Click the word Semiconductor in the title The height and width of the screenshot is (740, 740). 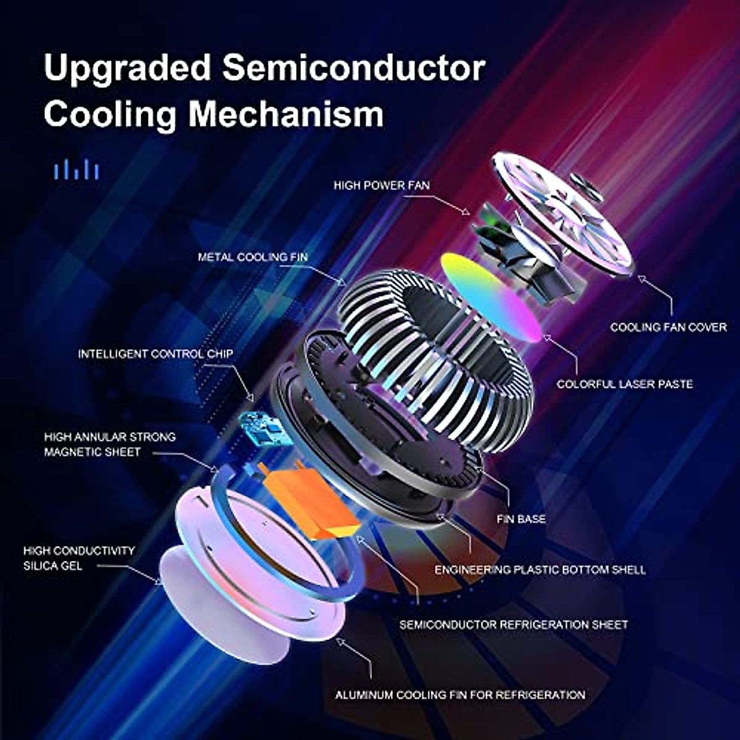(x=353, y=68)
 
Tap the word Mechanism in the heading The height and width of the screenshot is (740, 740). (x=286, y=115)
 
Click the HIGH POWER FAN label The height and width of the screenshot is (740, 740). (x=382, y=185)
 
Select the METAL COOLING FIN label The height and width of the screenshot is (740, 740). (x=252, y=257)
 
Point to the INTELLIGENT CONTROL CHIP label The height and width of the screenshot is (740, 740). (x=155, y=354)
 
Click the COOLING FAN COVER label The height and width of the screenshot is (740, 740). (x=668, y=327)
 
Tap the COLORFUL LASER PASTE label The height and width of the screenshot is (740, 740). (x=625, y=384)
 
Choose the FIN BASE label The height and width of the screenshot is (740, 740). (x=521, y=519)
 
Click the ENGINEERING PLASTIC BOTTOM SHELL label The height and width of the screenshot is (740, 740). (x=540, y=570)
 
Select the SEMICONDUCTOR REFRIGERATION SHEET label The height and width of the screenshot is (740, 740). (x=513, y=625)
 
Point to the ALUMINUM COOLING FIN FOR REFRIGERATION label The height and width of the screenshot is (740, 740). (x=460, y=695)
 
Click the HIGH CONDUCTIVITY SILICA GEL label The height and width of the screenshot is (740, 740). (x=79, y=558)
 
